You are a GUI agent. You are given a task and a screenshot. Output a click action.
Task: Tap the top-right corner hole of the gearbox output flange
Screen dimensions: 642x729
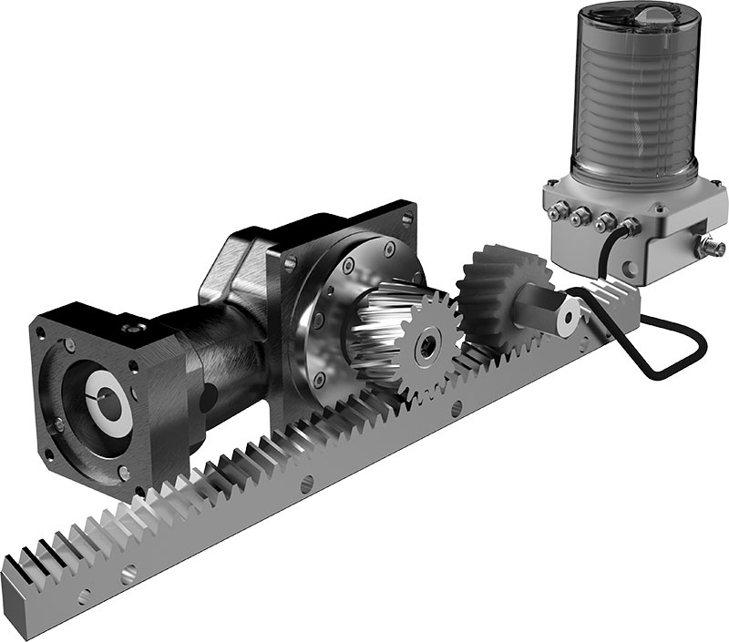coord(406,218)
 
